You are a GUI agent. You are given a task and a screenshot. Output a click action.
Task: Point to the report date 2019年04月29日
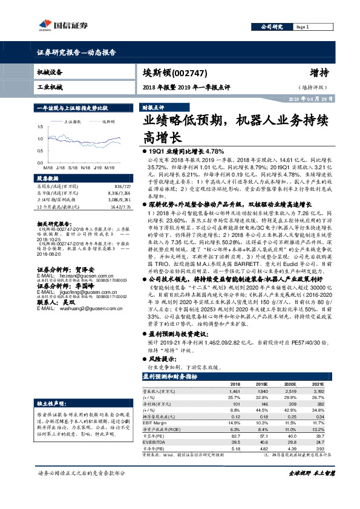(309, 98)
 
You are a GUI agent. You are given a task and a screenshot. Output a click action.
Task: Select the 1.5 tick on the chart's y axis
(41, 127)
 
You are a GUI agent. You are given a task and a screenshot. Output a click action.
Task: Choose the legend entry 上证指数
(72, 121)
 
